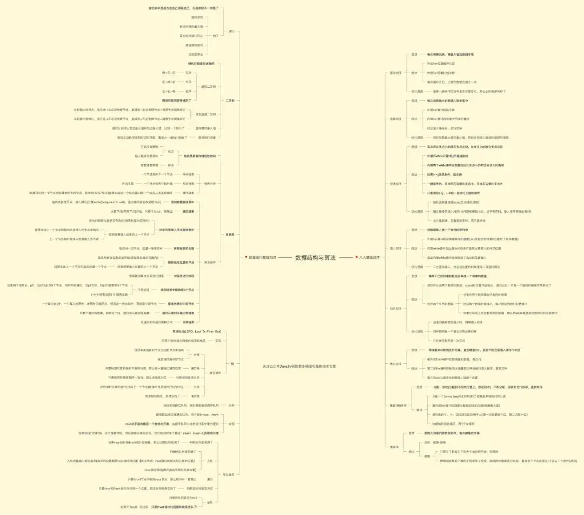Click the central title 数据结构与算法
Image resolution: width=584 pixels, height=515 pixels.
pos(315,258)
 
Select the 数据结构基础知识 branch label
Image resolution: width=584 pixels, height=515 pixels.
pos(262,258)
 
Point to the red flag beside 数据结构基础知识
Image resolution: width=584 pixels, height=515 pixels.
pos(246,258)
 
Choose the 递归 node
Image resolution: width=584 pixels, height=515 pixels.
pos(231,31)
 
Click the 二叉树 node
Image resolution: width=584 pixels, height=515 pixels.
pos(230,101)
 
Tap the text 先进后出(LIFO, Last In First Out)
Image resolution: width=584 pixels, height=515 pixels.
pos(196,331)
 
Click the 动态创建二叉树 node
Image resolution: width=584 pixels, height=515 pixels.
pos(205,114)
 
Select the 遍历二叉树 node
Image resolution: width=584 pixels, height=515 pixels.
pos(208,87)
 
